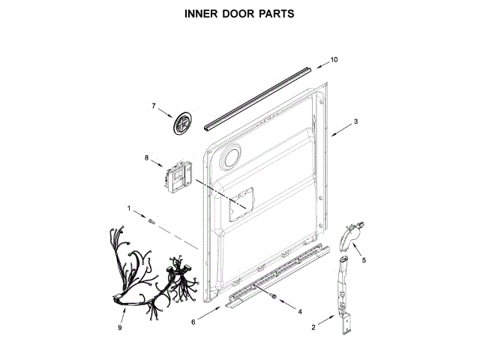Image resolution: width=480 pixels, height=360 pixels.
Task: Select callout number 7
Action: (x=154, y=106)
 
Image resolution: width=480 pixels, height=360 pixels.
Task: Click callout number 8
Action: (x=148, y=157)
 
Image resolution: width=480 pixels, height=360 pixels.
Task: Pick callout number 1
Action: (x=128, y=208)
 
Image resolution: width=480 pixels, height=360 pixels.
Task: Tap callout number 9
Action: (x=120, y=328)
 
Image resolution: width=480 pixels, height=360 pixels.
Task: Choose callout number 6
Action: (x=193, y=322)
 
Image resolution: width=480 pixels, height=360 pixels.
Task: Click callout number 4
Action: (x=300, y=310)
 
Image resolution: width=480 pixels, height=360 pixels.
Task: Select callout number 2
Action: (x=313, y=328)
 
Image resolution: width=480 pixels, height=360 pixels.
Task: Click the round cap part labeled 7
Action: (x=181, y=124)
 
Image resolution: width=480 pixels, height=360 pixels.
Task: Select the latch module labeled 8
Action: (x=179, y=175)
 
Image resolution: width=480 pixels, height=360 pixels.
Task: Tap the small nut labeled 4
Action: (x=274, y=299)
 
